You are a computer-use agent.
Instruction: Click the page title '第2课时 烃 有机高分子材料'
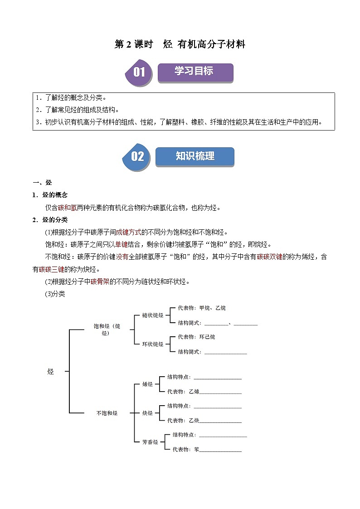(180, 44)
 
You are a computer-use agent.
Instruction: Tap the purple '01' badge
(139, 73)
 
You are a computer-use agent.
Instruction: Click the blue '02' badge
(137, 157)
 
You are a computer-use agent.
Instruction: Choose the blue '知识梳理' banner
(195, 156)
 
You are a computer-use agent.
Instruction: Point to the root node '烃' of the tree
(50, 371)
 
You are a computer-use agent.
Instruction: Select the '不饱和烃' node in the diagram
(107, 413)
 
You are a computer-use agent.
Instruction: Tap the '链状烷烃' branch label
(152, 315)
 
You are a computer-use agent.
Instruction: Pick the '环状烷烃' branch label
(152, 344)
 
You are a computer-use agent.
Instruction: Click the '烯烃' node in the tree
(147, 384)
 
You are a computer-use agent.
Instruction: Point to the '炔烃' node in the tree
(147, 413)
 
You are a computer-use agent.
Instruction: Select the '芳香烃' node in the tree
(150, 442)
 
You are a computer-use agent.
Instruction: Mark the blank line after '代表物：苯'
(220, 451)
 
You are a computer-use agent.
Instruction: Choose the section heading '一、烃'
(43, 183)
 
